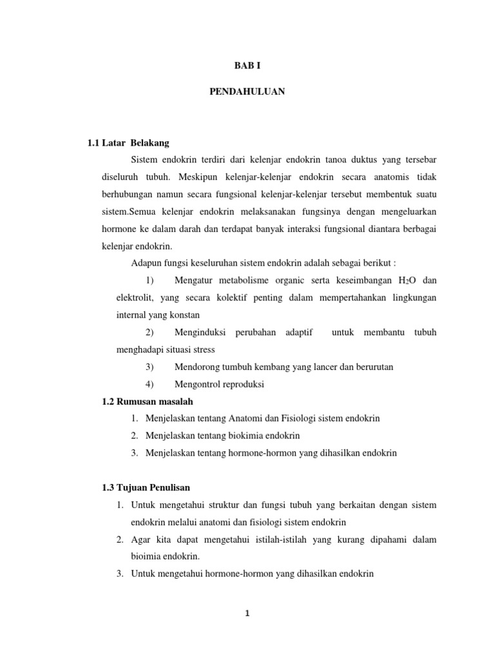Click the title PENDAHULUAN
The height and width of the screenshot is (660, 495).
pos(247,92)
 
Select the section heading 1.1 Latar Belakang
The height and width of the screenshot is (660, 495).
pos(128,142)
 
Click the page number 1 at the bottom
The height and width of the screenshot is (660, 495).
pos(247,613)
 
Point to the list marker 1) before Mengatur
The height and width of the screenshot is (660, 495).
pos(150,280)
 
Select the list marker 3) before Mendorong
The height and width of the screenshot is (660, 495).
pos(150,367)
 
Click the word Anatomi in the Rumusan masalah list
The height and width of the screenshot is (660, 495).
pos(251,418)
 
